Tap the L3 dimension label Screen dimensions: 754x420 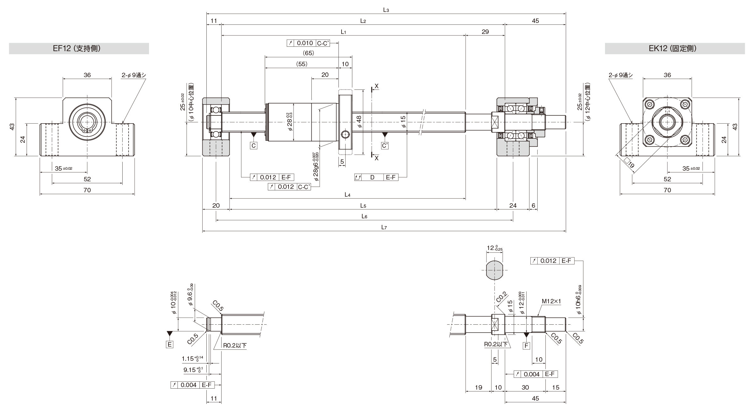(386, 10)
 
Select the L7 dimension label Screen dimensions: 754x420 (384, 227)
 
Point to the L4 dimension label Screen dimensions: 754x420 (347, 195)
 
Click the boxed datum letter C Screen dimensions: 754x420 (254, 146)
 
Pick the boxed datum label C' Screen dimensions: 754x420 (385, 146)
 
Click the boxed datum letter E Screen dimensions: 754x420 (170, 345)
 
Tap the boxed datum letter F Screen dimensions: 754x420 (526, 346)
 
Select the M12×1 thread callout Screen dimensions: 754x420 (551, 301)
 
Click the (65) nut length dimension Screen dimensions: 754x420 (308, 53)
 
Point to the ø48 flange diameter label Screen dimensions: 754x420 (359, 122)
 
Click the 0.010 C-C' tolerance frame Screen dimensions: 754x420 (308, 43)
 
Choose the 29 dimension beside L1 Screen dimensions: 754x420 (485, 32)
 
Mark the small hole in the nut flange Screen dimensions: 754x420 (345, 135)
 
